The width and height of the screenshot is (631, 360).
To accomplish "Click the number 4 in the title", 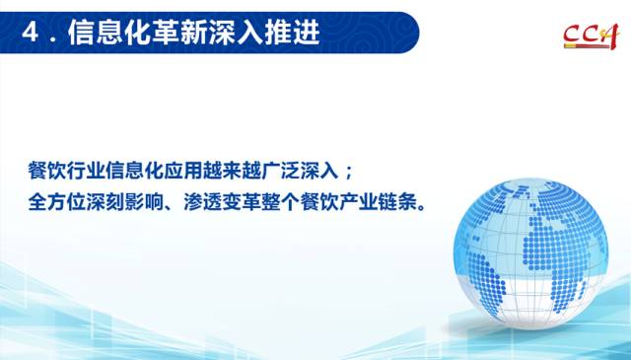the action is [30, 33].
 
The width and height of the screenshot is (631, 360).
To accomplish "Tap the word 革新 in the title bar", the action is [167, 33].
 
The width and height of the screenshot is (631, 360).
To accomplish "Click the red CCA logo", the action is [592, 36].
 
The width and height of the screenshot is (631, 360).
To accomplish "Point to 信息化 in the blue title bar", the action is [109, 33].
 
